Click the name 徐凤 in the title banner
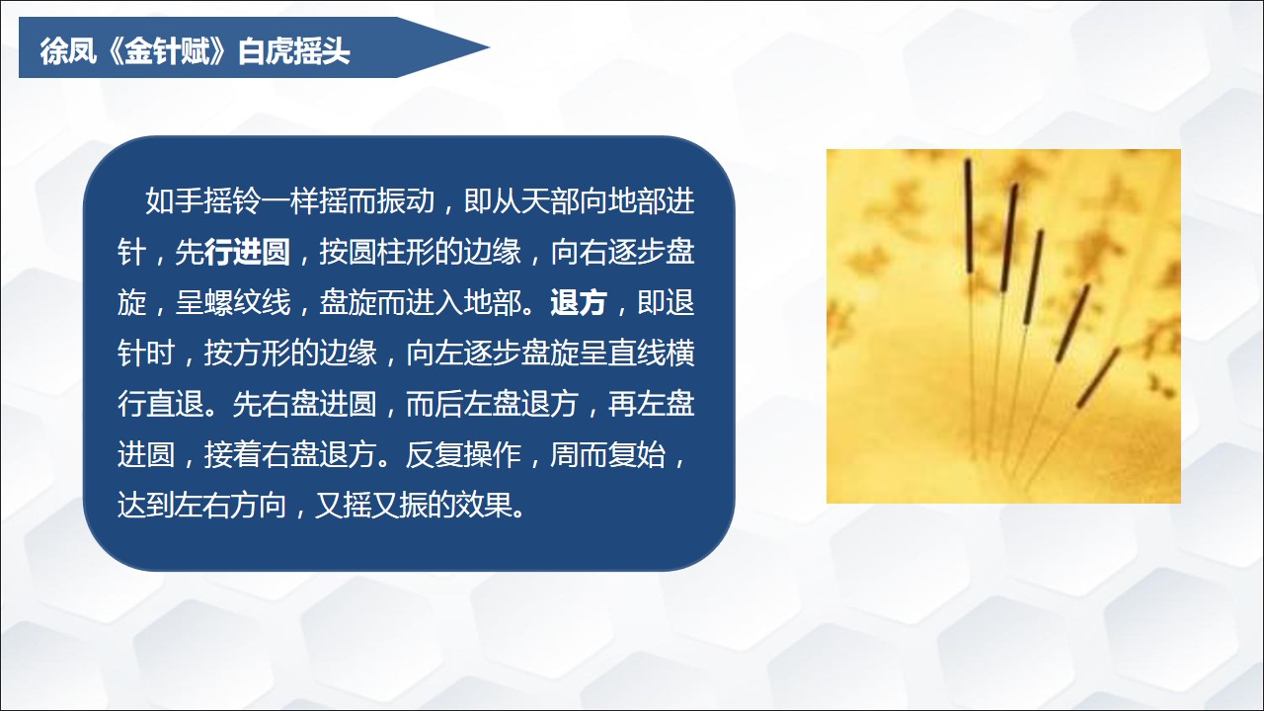(67, 50)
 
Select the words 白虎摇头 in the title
(293, 50)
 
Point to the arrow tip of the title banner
(489, 47)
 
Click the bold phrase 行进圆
(247, 252)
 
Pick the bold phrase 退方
(579, 302)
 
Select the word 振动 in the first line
(406, 200)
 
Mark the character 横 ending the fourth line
(680, 354)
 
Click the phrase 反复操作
(463, 455)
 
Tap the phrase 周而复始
(607, 455)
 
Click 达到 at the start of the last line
(146, 505)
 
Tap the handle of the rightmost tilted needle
(1097, 377)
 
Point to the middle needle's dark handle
(1033, 277)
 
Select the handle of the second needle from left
(1009, 238)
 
